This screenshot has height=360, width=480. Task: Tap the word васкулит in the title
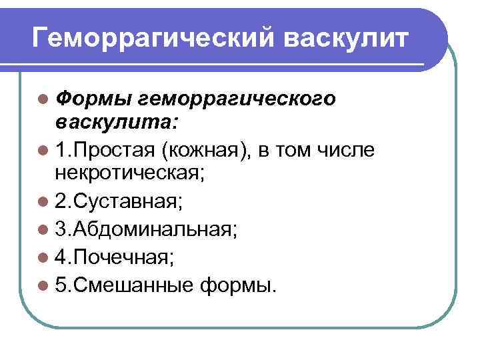(x=347, y=39)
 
